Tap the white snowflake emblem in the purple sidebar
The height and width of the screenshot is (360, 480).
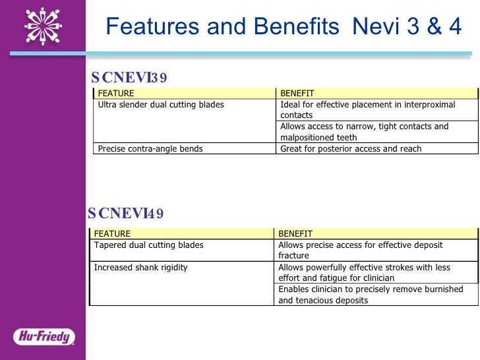(43, 26)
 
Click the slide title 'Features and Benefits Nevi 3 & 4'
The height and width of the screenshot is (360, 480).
(284, 27)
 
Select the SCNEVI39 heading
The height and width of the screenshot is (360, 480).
(129, 78)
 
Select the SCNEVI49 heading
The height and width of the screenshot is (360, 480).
(126, 213)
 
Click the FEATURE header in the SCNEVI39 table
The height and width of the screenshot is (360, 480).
(115, 93)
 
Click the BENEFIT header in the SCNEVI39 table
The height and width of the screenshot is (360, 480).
(297, 93)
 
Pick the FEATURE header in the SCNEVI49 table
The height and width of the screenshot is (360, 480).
(112, 233)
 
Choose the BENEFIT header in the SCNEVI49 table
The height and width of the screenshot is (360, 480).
(295, 233)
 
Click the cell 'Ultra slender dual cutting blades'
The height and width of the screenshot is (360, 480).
(161, 105)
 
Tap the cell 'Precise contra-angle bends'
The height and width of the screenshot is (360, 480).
(150, 149)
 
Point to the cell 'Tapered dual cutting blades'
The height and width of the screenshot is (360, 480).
(149, 245)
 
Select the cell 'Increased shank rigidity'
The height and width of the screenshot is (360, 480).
(141, 267)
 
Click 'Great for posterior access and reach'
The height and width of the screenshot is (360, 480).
(351, 149)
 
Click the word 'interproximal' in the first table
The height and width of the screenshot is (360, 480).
(431, 105)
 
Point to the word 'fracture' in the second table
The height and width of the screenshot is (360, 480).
(293, 256)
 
